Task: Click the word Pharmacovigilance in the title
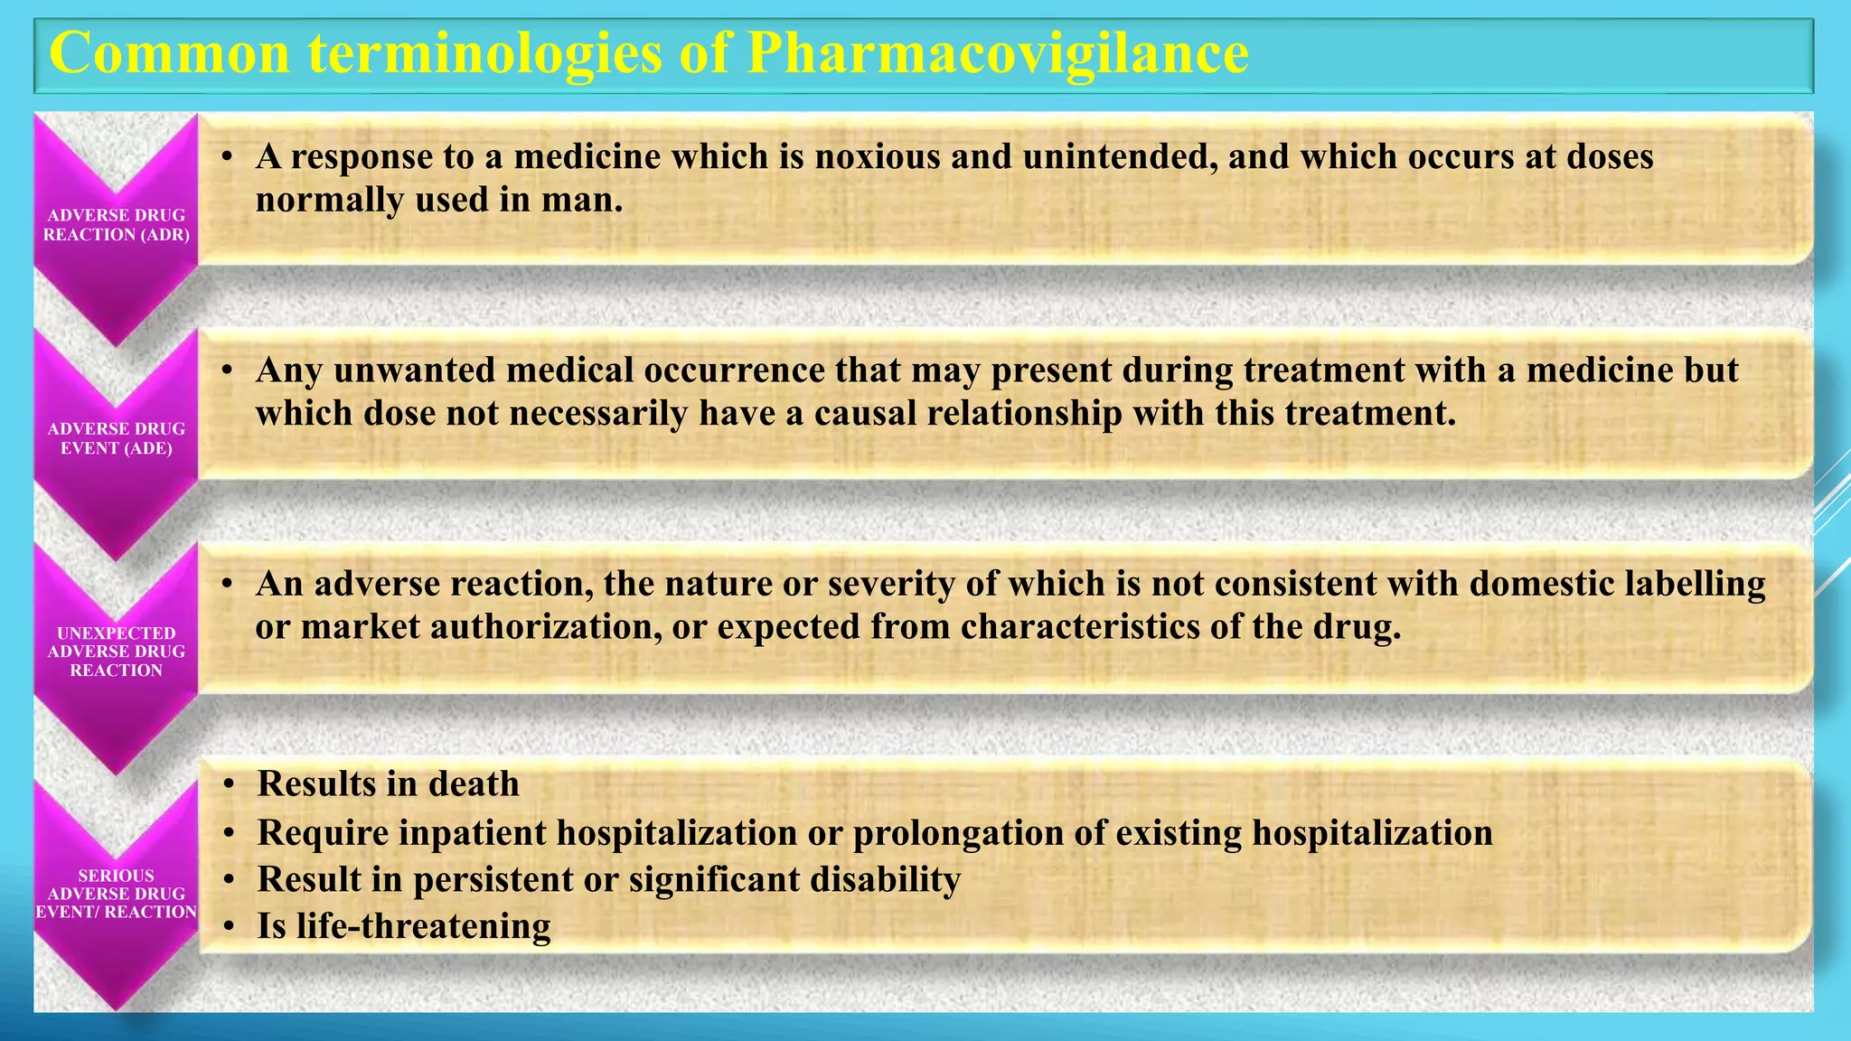[x=998, y=53]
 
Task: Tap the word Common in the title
[x=170, y=53]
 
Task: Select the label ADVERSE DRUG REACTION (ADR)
[x=117, y=225]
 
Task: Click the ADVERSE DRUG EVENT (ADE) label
[x=117, y=438]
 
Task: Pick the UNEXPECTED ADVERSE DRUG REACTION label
[x=117, y=652]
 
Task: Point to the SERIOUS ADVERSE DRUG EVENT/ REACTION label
[x=117, y=894]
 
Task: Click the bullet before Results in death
[x=230, y=784]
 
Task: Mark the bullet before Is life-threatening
[x=230, y=927]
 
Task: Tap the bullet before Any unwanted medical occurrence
[x=229, y=370]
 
